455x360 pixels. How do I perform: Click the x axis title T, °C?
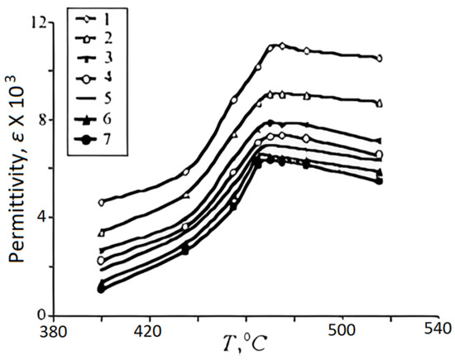245,343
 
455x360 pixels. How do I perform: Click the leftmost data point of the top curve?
101,202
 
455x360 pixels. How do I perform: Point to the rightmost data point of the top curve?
379,58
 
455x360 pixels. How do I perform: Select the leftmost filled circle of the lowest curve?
101,289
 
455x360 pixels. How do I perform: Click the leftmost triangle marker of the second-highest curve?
101,233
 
